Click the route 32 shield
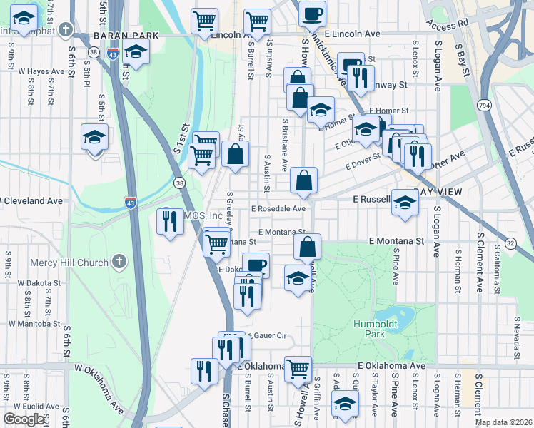tap(510, 243)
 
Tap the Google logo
tap(24, 419)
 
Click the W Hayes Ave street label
tap(42, 71)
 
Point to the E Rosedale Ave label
tap(278, 209)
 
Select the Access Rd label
tap(448, 24)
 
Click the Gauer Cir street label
tap(265, 335)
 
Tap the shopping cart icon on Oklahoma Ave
tap(298, 368)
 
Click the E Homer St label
tap(389, 111)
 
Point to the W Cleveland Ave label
tap(32, 201)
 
